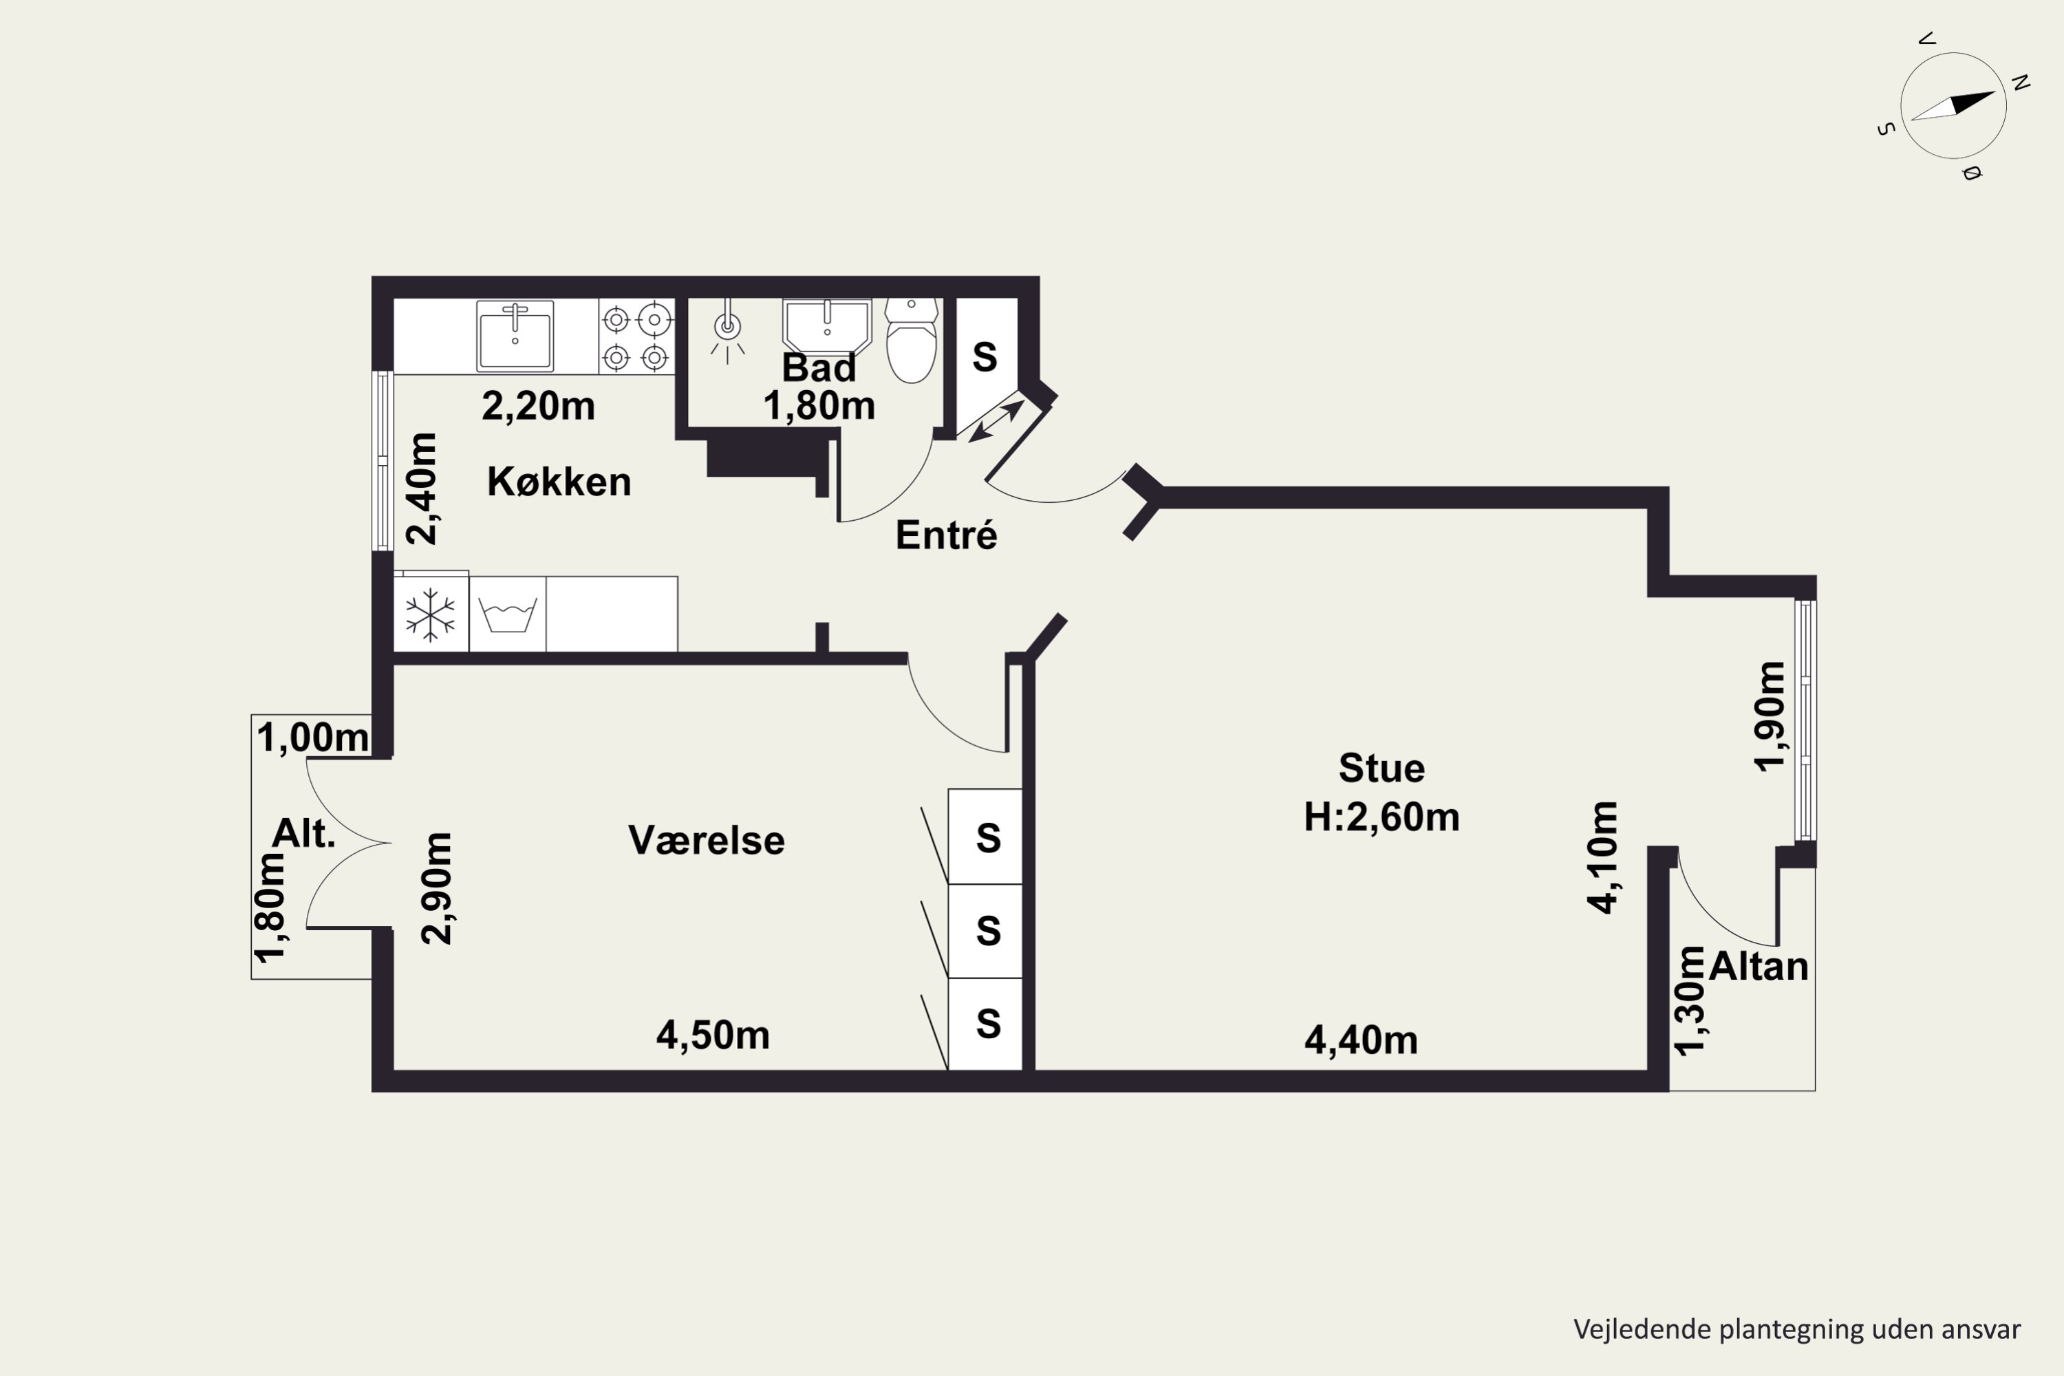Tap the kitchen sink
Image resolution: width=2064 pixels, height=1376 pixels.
pos(515,336)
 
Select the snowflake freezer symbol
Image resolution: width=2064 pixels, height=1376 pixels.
pos(430,614)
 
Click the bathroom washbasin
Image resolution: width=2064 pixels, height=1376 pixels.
pos(827,326)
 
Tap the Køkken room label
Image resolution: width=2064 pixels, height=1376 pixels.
pos(559,482)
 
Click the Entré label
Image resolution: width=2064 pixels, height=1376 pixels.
pos(946,535)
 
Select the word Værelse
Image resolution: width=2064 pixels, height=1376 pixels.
pos(707,841)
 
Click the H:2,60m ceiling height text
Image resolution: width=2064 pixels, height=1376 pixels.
pos(1382,817)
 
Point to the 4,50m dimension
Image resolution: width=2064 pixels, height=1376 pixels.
pos(713,1035)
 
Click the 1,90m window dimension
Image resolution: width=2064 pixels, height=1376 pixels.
pos(1769,716)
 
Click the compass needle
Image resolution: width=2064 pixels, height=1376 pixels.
pos(1953,105)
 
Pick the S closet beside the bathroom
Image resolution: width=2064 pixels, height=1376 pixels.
pos(985,357)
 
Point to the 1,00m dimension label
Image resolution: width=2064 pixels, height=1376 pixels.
pos(312,737)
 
